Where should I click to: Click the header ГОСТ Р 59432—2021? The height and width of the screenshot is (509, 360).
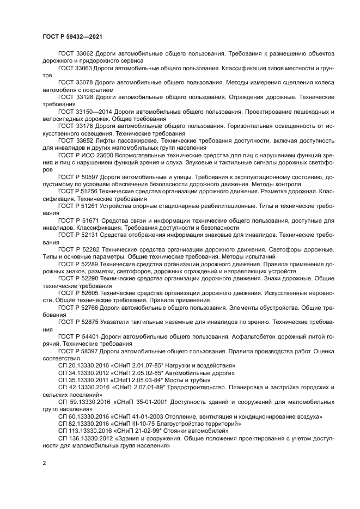point(72,36)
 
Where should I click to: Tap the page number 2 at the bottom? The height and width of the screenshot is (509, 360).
point(44,463)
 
